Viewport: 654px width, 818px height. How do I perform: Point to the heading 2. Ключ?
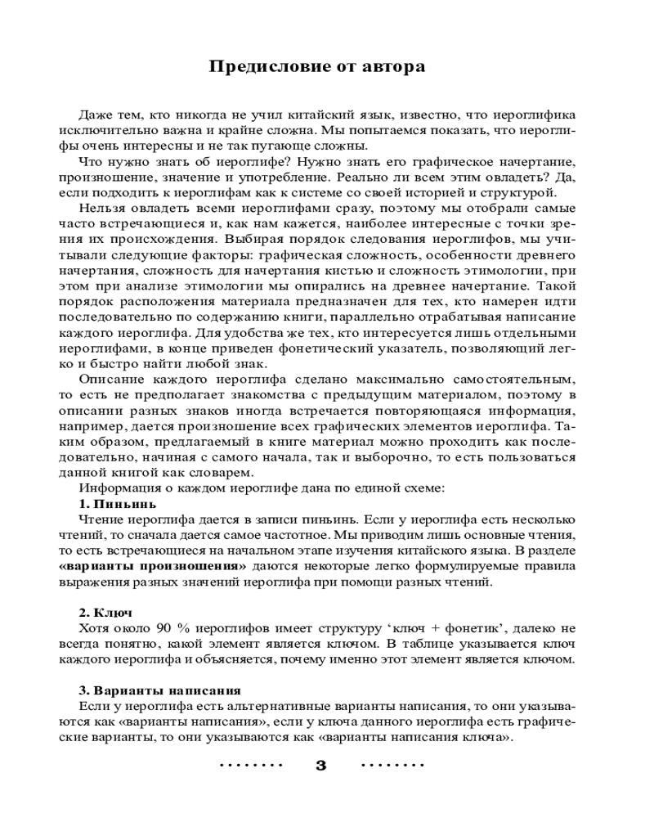coord(105,613)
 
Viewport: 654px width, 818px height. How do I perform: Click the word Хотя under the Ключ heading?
coord(95,628)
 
